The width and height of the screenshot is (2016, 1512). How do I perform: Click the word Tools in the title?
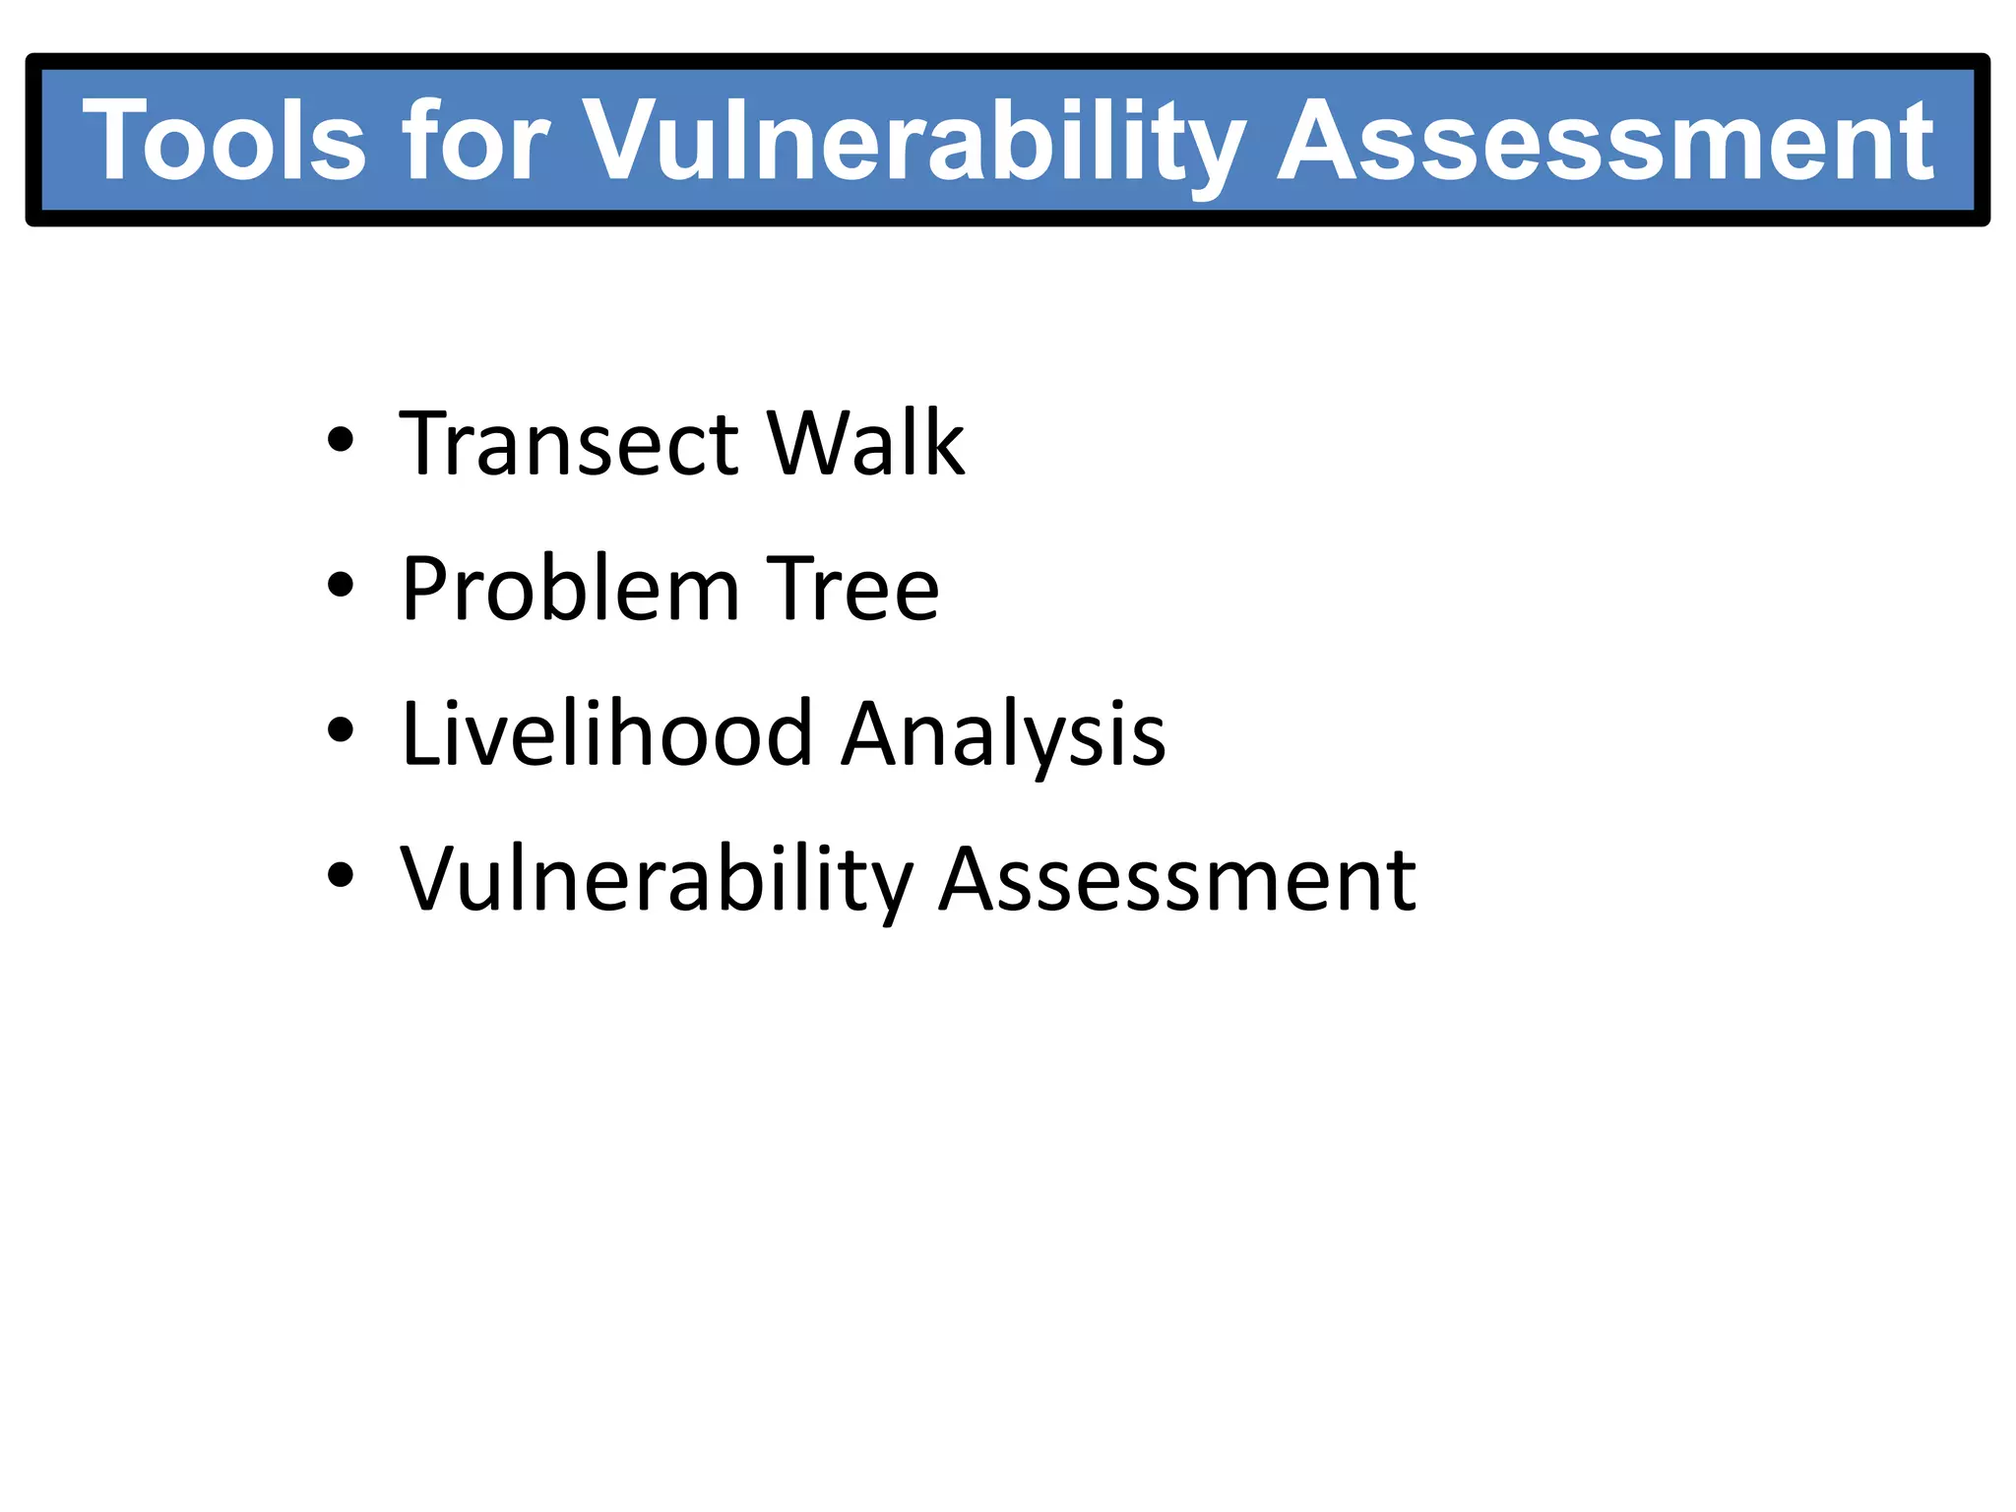(x=224, y=141)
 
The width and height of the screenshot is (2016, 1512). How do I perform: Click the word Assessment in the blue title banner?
(x=1606, y=141)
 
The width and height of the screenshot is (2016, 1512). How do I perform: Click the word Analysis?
(x=1004, y=735)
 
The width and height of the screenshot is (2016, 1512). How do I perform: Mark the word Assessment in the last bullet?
(x=1177, y=879)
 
